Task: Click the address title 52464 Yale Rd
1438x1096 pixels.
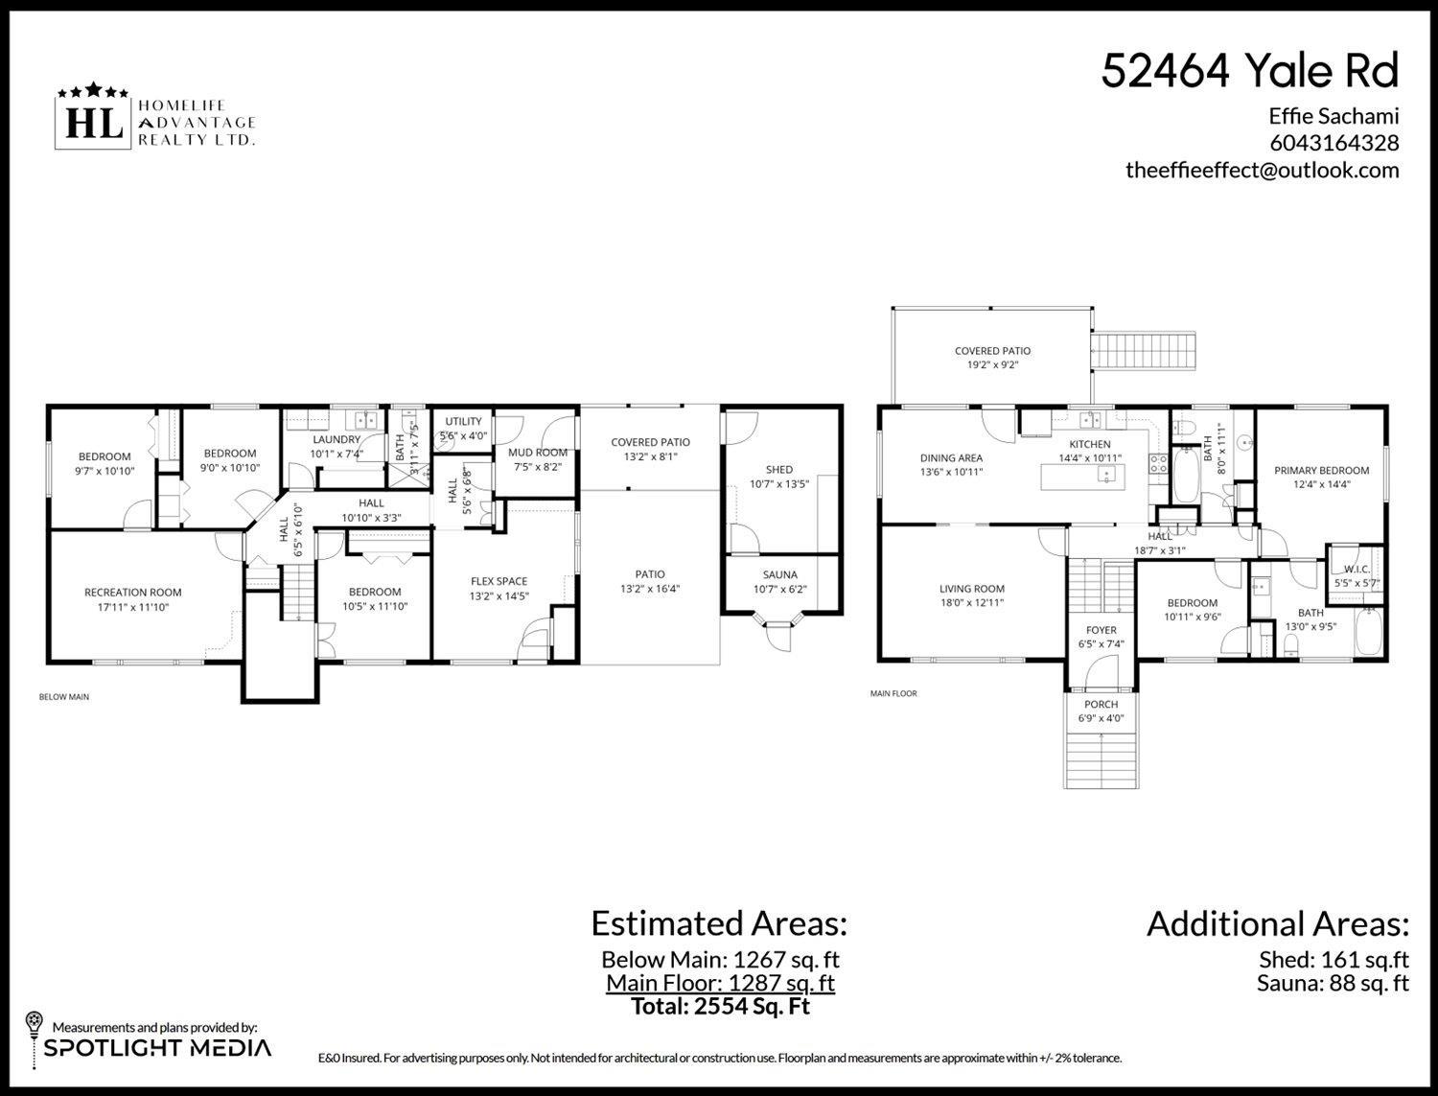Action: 1249,71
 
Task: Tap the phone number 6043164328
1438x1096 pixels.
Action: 1334,143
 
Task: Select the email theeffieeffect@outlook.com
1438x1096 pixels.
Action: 1262,170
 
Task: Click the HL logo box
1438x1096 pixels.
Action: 93,124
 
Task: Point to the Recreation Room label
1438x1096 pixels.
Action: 132,593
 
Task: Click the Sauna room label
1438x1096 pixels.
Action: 779,574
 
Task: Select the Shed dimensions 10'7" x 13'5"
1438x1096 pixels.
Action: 779,484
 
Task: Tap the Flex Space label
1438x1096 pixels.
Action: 499,581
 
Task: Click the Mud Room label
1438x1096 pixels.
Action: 537,453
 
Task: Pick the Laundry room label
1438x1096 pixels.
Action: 336,440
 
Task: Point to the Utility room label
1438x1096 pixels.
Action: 463,422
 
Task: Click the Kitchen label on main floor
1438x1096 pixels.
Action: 1090,444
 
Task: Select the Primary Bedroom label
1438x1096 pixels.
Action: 1321,471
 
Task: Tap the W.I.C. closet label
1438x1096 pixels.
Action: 1356,569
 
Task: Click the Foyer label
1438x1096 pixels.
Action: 1102,630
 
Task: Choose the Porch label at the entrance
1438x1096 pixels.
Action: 1102,705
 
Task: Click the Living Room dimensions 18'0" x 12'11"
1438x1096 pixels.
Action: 971,603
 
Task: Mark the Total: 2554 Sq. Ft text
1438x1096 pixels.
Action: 720,1007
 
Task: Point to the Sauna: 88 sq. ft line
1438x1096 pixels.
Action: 1333,983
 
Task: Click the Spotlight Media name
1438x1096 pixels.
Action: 157,1048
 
